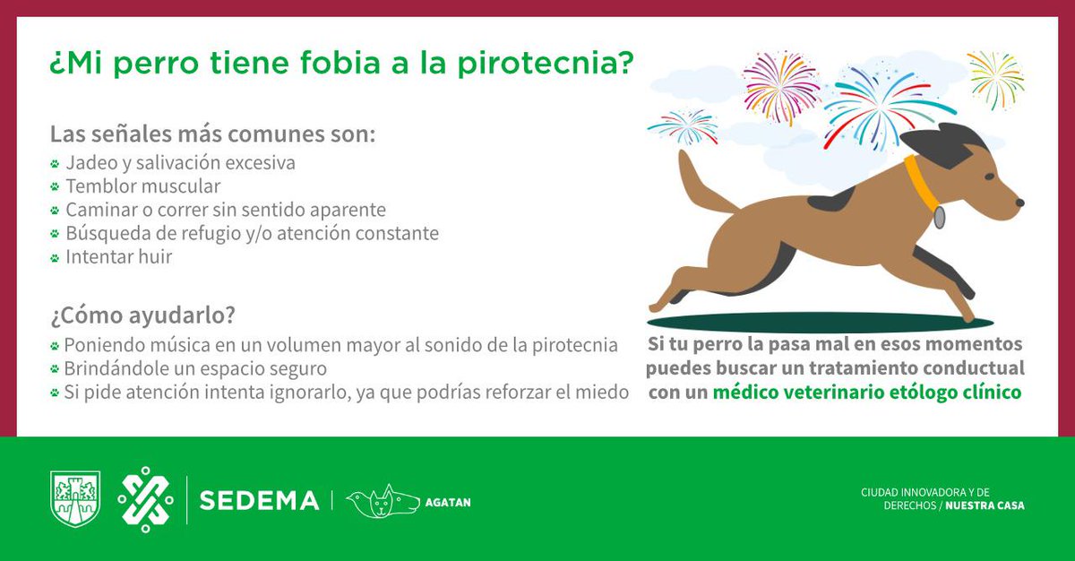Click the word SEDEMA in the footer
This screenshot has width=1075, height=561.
(259, 501)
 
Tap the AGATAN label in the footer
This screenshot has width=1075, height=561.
(448, 503)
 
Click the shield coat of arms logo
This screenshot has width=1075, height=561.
(75, 498)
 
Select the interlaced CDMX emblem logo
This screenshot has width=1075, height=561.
(145, 499)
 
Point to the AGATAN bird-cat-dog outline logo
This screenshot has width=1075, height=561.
(383, 501)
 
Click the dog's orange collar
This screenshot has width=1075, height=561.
(921, 184)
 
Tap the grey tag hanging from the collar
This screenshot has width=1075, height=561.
(939, 217)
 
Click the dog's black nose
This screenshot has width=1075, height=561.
(1019, 203)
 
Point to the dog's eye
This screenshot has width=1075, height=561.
(990, 177)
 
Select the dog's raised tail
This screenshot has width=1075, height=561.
(702, 185)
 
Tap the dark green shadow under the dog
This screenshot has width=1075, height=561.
(820, 322)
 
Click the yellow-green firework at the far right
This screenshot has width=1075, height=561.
(996, 80)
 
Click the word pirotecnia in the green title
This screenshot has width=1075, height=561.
(546, 64)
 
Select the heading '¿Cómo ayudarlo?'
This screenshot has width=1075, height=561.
(143, 315)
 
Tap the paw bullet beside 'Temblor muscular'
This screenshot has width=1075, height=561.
(55, 186)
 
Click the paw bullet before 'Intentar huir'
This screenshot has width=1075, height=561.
(55, 258)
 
